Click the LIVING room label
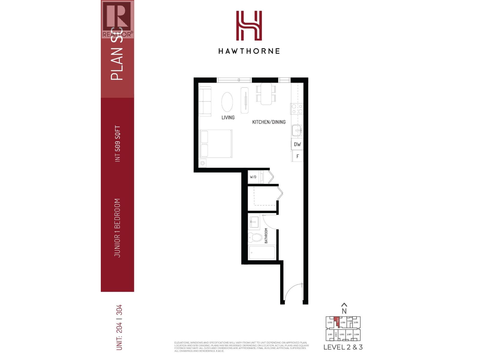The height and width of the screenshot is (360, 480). [x=228, y=118]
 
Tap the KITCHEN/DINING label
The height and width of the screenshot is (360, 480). [x=268, y=122]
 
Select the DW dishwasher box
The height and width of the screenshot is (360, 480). [x=297, y=144]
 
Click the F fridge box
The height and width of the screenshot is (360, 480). [x=297, y=156]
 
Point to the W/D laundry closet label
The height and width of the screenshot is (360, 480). [x=253, y=177]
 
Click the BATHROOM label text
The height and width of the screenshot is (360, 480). [x=266, y=235]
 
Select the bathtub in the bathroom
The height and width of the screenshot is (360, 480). [x=262, y=253]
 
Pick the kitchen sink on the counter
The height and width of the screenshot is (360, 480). [x=297, y=130]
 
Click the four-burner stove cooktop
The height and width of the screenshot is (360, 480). [x=297, y=109]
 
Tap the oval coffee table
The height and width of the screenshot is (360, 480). [x=227, y=102]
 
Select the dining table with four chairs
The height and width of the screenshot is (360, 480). [x=266, y=94]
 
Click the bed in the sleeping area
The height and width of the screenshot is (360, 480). [x=215, y=144]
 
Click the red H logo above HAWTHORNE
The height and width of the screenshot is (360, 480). [x=249, y=25]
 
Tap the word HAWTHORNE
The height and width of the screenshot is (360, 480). [x=249, y=51]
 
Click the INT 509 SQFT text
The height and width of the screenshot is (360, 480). [x=118, y=144]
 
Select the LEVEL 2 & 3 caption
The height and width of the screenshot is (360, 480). [x=343, y=347]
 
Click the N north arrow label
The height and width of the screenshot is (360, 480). [x=344, y=311]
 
